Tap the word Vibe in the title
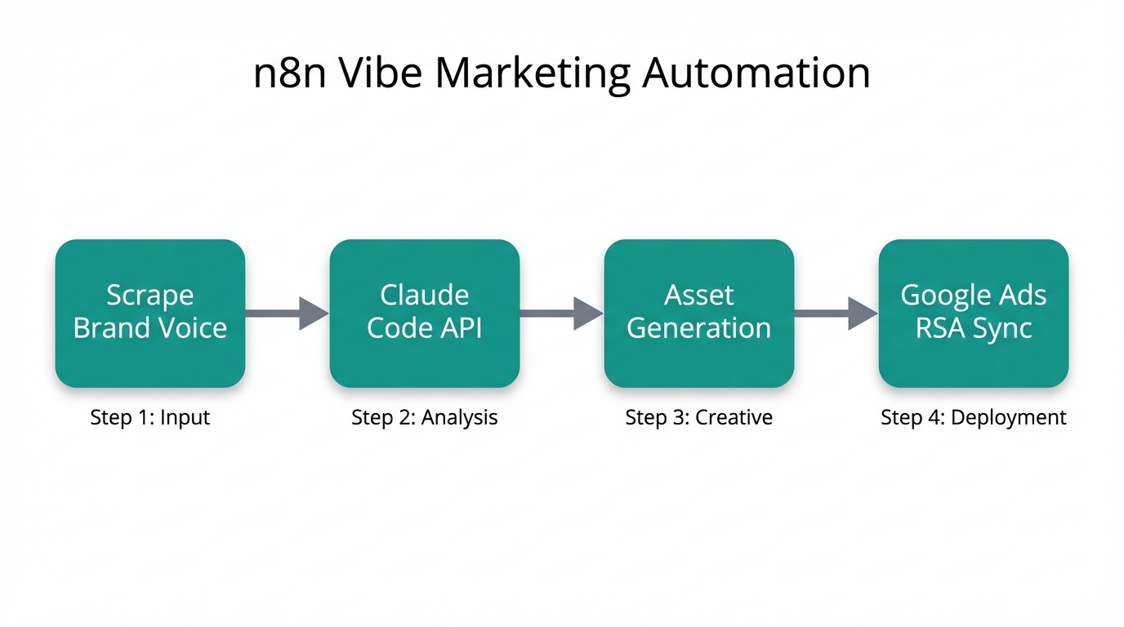[x=380, y=73]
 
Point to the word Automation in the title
[x=756, y=73]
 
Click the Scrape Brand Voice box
[x=150, y=313]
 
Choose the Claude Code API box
[x=425, y=313]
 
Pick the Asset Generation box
[x=699, y=313]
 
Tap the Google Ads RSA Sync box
[x=974, y=313]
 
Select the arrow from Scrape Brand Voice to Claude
[x=287, y=313]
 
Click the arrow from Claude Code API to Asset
[x=561, y=313]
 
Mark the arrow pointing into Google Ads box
[x=836, y=313]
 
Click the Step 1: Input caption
[x=150, y=417]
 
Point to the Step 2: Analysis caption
[x=425, y=417]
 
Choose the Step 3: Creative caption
[x=699, y=417]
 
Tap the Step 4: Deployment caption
[x=974, y=417]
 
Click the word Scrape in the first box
[x=150, y=296]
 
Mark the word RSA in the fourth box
[x=939, y=328]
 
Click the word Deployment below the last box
[x=1009, y=417]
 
